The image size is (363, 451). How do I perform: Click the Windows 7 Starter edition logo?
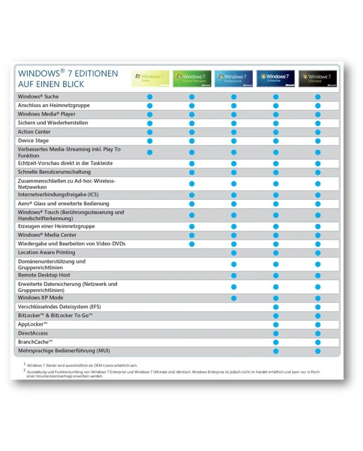pos(150,78)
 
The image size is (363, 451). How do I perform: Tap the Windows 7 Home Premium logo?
pos(192,78)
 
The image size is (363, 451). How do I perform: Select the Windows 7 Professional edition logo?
pos(233,78)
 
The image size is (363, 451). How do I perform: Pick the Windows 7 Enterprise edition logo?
pos(275,78)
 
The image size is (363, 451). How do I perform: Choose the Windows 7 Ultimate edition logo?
pos(317,78)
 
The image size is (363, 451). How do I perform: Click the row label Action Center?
pos(34,132)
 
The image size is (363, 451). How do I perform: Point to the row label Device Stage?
pos(33,141)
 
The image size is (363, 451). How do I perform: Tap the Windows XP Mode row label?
pos(40,298)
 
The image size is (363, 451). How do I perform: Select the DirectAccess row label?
pos(33,333)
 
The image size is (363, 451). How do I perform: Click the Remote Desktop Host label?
pos(44,275)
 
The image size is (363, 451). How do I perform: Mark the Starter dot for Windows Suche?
pos(150,97)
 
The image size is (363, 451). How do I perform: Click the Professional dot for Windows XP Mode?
pos(234,298)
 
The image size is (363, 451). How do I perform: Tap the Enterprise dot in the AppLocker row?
pos(276,325)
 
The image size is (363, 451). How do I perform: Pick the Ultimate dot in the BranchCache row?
pos(318,343)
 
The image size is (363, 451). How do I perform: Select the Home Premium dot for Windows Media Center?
pos(192,235)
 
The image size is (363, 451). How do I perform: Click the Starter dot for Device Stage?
pos(150,141)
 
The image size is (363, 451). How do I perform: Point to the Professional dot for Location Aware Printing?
pos(234,253)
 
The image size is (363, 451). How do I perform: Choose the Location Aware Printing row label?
pos(46,253)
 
